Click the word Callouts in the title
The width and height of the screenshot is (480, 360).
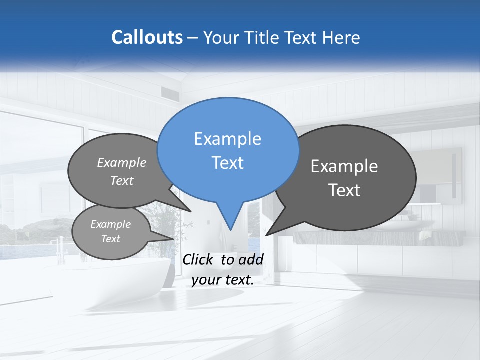(x=147, y=37)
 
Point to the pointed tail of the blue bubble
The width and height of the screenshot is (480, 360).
(x=230, y=227)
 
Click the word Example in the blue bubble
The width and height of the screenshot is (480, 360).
(x=227, y=139)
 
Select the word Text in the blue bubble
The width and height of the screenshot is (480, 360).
(x=227, y=163)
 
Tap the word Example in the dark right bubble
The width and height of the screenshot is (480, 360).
(x=344, y=166)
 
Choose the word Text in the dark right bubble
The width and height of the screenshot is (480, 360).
(x=344, y=190)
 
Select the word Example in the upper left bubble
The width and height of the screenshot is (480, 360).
(x=122, y=162)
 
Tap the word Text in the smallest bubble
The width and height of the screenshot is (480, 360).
(x=110, y=239)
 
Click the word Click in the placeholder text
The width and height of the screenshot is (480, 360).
(x=199, y=259)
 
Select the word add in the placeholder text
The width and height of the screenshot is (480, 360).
(x=250, y=259)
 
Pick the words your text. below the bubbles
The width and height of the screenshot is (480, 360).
(x=223, y=280)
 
